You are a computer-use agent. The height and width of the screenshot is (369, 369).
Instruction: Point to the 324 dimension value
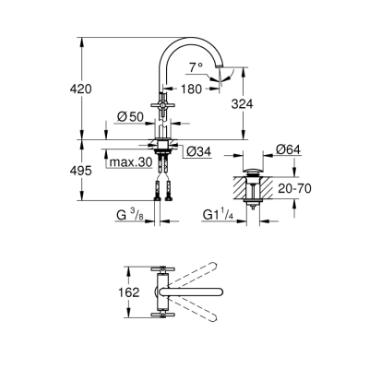pos(241,103)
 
